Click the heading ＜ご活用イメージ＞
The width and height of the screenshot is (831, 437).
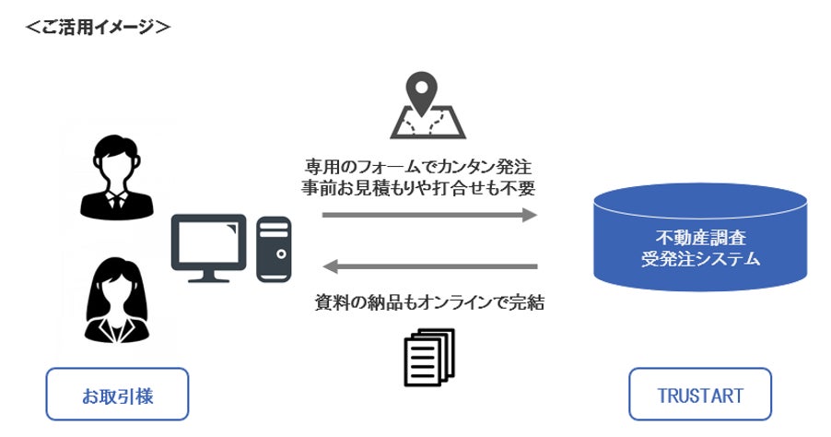coord(98,26)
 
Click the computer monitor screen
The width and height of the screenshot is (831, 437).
coord(208,242)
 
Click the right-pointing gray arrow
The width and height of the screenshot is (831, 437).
coord(429,216)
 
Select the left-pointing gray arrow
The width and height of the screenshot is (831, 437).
coord(429,267)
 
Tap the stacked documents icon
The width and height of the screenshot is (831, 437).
coord(429,355)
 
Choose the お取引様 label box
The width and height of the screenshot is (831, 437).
coord(117,395)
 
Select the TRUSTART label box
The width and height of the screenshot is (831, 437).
coord(700,395)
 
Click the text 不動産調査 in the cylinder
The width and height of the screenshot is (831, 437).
coord(700,235)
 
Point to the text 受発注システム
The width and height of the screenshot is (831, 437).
coord(700,259)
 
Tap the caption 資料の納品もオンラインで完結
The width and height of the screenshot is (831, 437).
coord(429,302)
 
